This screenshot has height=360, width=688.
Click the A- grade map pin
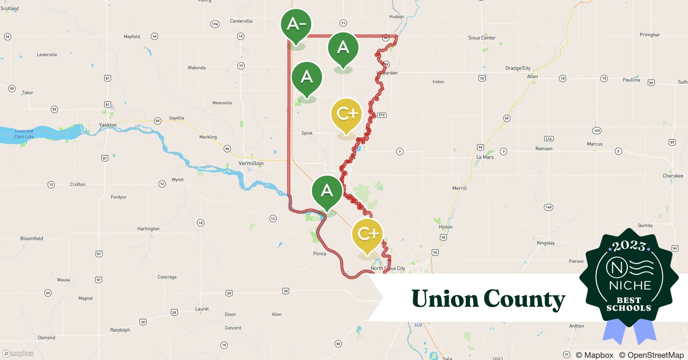pos(296,24)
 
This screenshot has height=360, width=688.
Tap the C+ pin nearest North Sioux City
pos(367,234)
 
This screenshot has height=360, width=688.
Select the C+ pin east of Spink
pos(346,114)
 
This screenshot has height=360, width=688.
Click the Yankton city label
pos(108,125)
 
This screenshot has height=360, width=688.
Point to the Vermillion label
pos(251,163)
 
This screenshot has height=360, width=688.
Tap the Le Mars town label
pos(485,157)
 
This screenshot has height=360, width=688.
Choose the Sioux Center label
pos(482,38)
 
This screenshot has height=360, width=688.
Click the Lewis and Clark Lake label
pos(24,134)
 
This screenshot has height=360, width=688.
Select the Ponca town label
pos(320,253)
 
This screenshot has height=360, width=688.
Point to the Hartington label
pos(148,229)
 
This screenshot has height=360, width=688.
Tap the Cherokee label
pos(673,176)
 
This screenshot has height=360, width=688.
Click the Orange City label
pos(518,68)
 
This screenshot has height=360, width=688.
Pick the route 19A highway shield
pos(215,24)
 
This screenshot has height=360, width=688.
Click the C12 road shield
pos(382,115)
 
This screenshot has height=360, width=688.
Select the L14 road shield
pos(549,139)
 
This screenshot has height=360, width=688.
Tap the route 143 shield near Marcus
pos(597,130)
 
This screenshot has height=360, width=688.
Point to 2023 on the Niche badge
pos(629,246)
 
